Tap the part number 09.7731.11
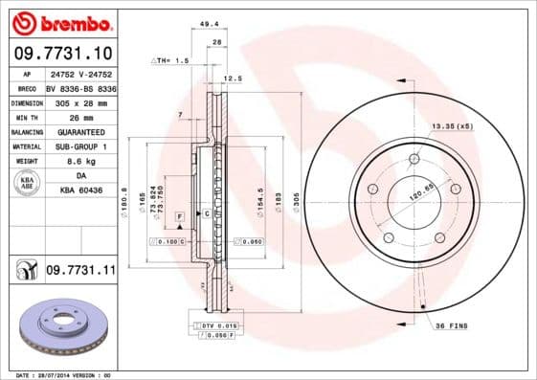point(80,272)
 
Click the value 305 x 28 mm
point(80,102)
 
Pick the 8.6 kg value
point(80,162)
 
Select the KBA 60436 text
point(80,191)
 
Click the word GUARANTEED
point(80,132)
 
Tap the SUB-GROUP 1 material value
point(80,146)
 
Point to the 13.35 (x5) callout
point(453,126)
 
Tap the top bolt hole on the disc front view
point(414,159)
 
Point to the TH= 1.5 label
point(172,60)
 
